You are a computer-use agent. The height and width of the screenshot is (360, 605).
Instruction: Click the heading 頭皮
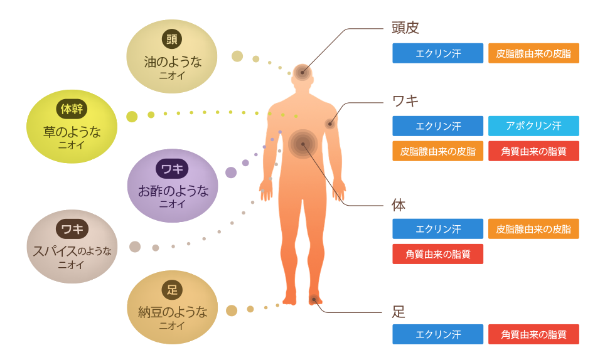click(x=405, y=28)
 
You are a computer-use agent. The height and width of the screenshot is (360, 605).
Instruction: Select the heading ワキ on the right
click(x=405, y=101)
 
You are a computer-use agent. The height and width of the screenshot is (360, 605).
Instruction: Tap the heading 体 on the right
click(x=399, y=205)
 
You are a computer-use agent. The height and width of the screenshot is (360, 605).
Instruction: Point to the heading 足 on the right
click(x=399, y=312)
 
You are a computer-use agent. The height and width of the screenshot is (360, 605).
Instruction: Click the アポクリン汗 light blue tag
click(x=533, y=125)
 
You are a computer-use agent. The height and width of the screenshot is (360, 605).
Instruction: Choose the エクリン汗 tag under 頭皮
click(x=438, y=53)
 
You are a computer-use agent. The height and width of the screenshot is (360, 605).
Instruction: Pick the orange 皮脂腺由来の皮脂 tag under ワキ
click(x=438, y=151)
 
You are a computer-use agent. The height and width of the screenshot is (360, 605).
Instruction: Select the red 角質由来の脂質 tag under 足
click(x=533, y=334)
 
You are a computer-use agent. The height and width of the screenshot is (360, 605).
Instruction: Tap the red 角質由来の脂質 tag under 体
click(x=438, y=254)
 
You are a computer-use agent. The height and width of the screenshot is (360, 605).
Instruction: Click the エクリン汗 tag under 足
click(x=438, y=334)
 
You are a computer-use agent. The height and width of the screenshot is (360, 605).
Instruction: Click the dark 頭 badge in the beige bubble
click(x=172, y=39)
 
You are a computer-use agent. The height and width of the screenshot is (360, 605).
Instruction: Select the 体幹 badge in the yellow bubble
click(x=72, y=109)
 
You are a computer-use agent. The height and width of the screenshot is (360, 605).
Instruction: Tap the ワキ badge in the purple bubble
click(x=172, y=169)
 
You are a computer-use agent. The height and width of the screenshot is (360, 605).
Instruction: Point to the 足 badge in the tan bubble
click(x=172, y=290)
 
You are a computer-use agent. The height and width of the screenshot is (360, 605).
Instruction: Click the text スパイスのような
click(x=72, y=251)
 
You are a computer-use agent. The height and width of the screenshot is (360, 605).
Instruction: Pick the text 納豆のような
click(x=173, y=312)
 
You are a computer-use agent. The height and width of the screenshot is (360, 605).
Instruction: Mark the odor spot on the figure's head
click(x=302, y=73)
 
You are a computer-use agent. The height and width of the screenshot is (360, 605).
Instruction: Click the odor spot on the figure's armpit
click(x=330, y=124)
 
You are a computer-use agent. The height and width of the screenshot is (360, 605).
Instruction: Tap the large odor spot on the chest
click(x=303, y=144)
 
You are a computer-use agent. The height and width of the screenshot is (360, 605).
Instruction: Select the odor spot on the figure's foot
click(x=314, y=300)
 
